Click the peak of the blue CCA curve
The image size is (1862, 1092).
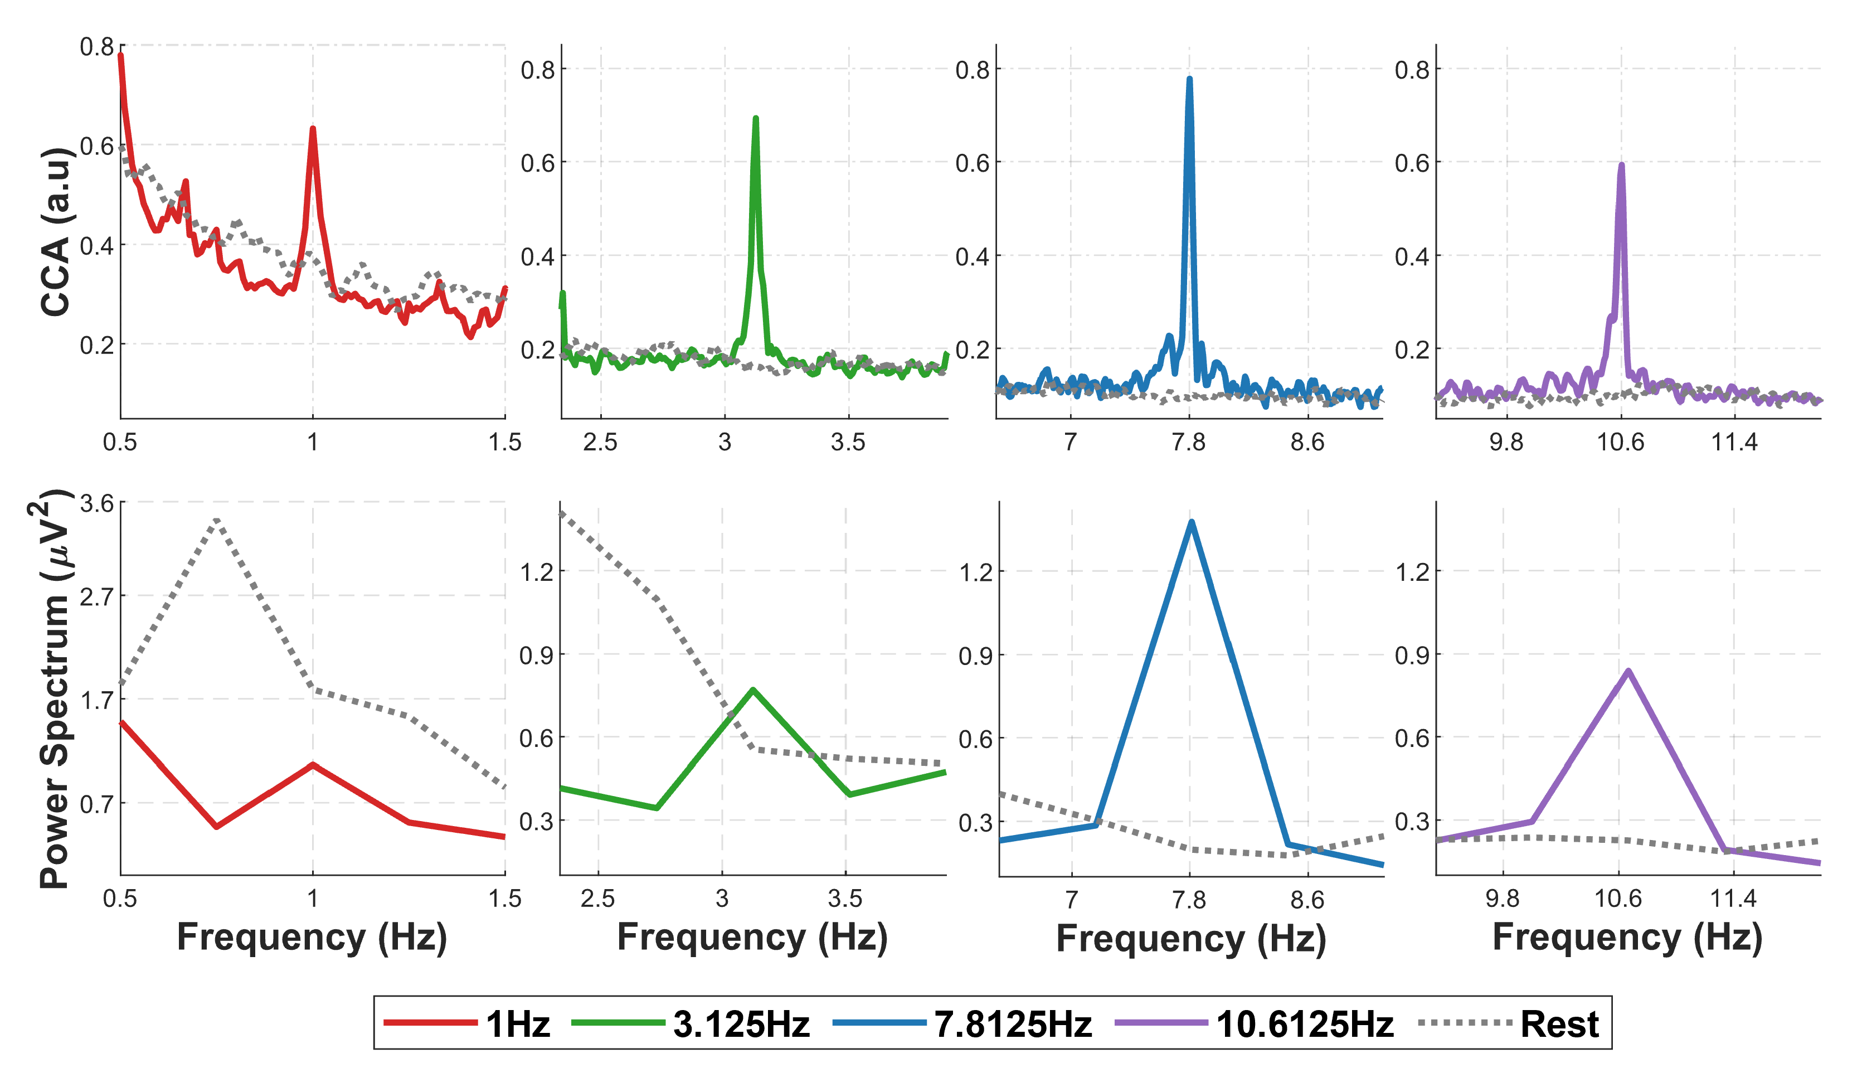coord(1189,79)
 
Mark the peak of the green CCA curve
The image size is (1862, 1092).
coord(755,118)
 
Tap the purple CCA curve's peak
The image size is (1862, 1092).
coord(1621,165)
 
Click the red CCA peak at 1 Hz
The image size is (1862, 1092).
coord(313,129)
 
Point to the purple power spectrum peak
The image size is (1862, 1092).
coord(1628,671)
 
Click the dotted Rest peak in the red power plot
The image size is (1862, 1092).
coord(216,520)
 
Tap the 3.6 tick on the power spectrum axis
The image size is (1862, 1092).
coord(97,504)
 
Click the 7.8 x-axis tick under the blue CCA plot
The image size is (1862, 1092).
coord(1188,443)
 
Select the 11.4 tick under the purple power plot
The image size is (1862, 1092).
coord(1733,899)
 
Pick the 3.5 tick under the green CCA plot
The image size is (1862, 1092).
coord(848,443)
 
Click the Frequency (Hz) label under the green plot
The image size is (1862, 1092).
coord(752,938)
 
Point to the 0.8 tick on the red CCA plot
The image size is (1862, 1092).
coord(97,47)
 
